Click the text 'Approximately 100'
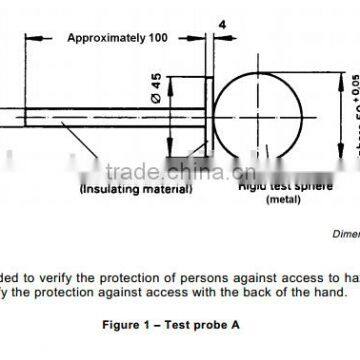click(x=116, y=37)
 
